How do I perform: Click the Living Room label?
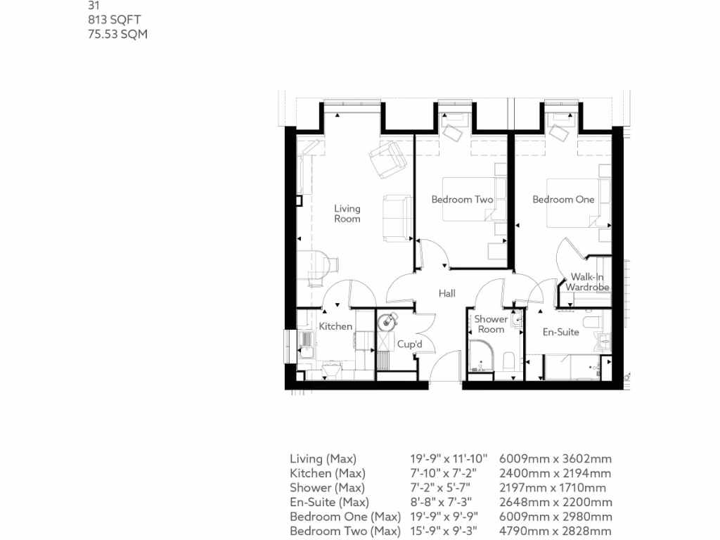click(347, 213)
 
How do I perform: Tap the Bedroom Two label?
click(462, 200)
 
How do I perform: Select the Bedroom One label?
click(563, 200)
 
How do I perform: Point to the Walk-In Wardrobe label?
click(587, 282)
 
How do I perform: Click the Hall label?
click(447, 293)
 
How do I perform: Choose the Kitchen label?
click(335, 326)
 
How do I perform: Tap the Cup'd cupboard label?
click(409, 345)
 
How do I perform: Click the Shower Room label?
click(491, 324)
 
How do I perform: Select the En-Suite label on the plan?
click(560, 332)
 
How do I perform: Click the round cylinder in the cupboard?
click(387, 323)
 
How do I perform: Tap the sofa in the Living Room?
click(397, 217)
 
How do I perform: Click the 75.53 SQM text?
click(117, 34)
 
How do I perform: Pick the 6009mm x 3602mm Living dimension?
click(555, 459)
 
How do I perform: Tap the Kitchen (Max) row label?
click(327, 473)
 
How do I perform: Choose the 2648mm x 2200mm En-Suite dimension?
click(555, 502)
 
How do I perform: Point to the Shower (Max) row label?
click(327, 487)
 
